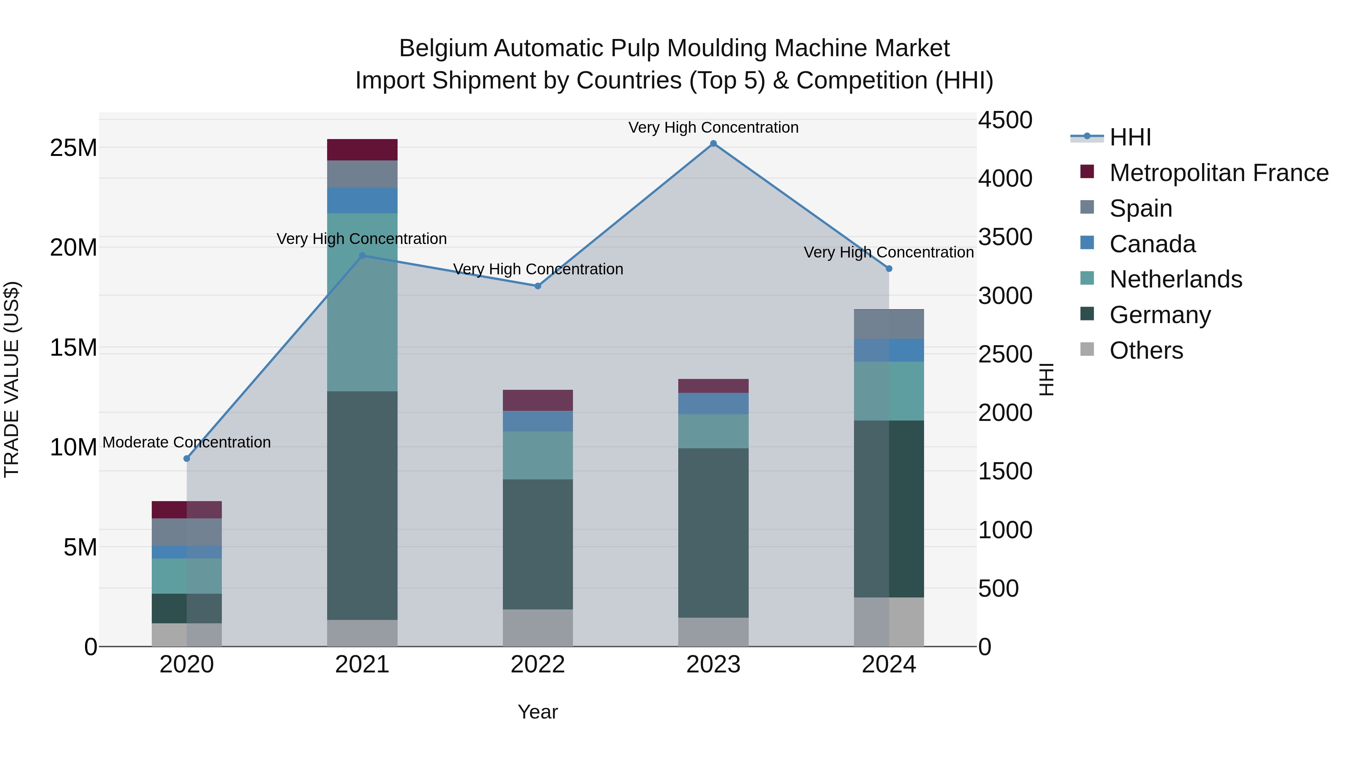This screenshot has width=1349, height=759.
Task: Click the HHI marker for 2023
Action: coord(713,144)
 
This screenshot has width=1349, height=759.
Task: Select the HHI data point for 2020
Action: coord(187,458)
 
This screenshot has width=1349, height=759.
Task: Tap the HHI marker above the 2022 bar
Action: coord(538,286)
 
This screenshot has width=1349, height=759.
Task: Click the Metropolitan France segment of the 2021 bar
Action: coord(362,150)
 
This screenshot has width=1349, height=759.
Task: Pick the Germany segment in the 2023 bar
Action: coord(713,532)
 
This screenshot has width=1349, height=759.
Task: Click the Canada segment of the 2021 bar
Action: coord(362,200)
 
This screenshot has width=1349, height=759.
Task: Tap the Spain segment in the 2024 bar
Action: coord(889,324)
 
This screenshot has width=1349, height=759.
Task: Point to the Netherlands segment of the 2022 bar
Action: coord(538,455)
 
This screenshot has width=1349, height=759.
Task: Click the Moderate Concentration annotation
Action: coord(187,442)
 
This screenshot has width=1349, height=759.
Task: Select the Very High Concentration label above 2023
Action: coord(713,127)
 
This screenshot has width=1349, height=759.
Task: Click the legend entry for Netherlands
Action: coord(1176,279)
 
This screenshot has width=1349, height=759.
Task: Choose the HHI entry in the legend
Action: coord(1130,137)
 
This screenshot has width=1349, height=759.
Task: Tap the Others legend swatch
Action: coord(1087,349)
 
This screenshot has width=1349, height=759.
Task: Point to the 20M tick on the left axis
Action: coord(73,247)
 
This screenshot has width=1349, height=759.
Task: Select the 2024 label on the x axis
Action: coord(889,665)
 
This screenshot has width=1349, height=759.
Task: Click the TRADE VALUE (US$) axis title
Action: coord(12,379)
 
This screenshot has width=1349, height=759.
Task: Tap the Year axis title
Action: coord(538,712)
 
